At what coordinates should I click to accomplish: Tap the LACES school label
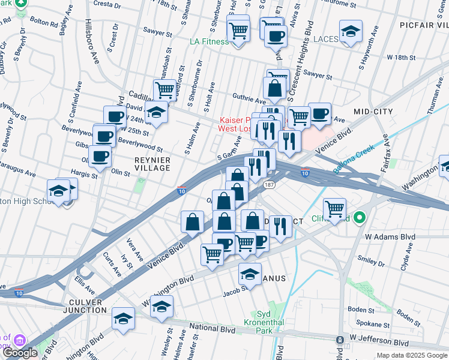(x=326, y=39)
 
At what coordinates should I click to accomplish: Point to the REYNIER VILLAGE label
(x=152, y=164)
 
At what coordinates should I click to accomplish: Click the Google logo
(x=20, y=353)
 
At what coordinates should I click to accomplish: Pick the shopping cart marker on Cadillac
(x=164, y=90)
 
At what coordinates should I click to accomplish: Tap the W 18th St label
(x=402, y=57)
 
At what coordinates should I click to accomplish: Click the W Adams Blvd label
(x=391, y=237)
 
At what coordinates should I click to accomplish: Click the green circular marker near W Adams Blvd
(x=360, y=217)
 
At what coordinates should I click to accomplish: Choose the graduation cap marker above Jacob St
(x=250, y=274)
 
